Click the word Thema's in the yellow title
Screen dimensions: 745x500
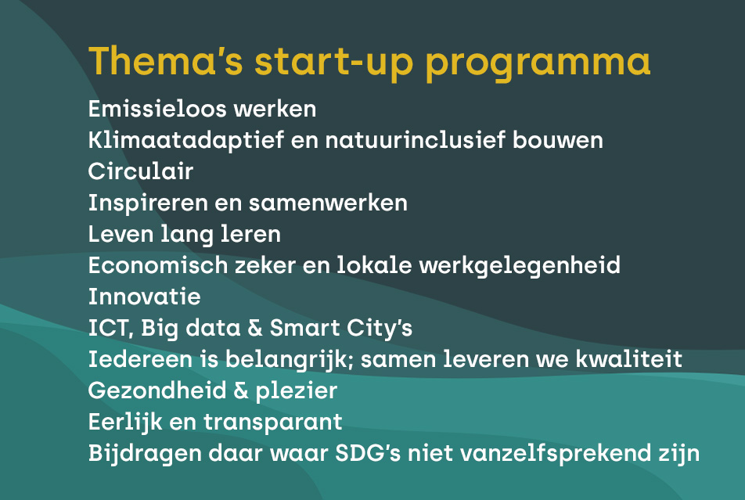(166, 60)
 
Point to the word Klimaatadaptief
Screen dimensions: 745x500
(185, 141)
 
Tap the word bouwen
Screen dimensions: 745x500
(558, 140)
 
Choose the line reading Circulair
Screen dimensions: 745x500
(141, 171)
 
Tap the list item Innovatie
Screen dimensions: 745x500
(145, 297)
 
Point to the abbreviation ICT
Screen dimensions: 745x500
(109, 329)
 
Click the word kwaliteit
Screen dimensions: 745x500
(629, 359)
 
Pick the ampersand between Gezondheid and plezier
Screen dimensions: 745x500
(241, 390)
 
